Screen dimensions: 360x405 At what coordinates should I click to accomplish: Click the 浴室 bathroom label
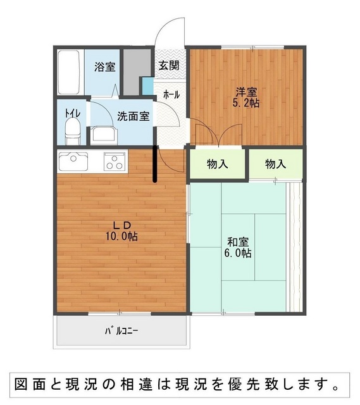(x=104, y=67)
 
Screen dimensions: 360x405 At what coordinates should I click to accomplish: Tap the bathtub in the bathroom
(x=68, y=72)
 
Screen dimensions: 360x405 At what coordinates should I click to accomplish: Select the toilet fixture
(x=73, y=131)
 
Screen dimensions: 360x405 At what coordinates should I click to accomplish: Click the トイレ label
(x=73, y=113)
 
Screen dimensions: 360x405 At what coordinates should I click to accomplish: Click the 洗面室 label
(x=133, y=116)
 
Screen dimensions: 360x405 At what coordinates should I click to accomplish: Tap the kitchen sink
(x=73, y=161)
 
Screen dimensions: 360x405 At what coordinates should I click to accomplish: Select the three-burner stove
(x=115, y=161)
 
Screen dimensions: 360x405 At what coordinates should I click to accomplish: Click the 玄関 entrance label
(x=169, y=65)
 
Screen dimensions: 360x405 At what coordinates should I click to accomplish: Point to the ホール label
(x=171, y=95)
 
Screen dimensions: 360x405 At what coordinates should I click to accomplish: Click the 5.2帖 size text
(x=246, y=103)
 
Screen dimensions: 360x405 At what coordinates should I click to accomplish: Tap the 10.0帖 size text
(x=121, y=236)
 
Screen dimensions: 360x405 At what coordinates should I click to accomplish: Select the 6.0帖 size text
(x=238, y=253)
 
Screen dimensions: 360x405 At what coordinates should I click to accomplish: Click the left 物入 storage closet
(x=218, y=163)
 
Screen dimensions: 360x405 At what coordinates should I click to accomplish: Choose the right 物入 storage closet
(x=276, y=164)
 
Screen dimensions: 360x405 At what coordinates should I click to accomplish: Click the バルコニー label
(x=121, y=331)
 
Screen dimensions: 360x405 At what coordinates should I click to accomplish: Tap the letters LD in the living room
(x=122, y=225)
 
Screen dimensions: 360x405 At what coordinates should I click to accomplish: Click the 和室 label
(x=238, y=242)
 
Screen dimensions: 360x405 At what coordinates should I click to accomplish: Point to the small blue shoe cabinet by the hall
(x=148, y=86)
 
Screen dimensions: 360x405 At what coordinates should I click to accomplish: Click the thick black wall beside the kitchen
(x=155, y=164)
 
